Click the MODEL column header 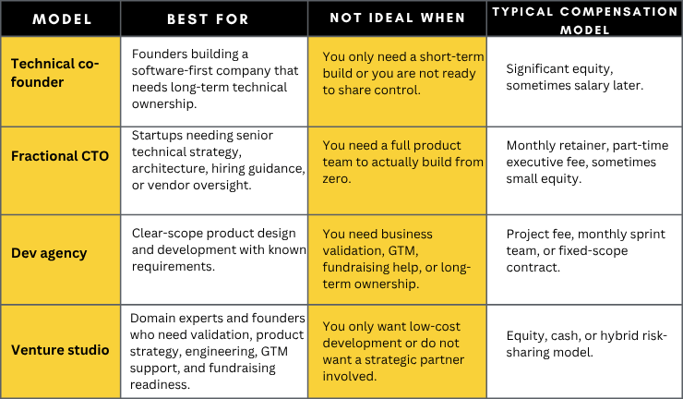[x=62, y=19]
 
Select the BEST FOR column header [x=208, y=19]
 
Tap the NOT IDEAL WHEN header [x=397, y=18]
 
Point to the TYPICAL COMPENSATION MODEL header [x=584, y=20]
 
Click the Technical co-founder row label [x=54, y=73]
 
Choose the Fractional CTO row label [x=60, y=156]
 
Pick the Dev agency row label [x=49, y=253]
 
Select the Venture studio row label [x=60, y=350]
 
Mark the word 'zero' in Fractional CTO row [x=335, y=179]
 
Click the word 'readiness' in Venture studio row [x=160, y=384]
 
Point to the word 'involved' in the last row [x=349, y=376]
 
